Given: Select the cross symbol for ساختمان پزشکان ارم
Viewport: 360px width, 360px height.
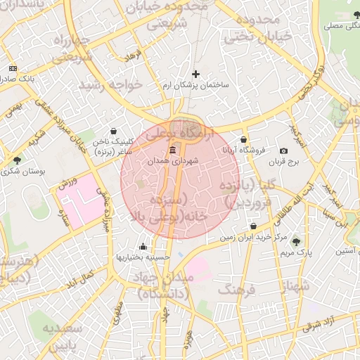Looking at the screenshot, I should [x=195, y=74].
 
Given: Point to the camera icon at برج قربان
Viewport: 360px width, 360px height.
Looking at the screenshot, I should [x=283, y=151].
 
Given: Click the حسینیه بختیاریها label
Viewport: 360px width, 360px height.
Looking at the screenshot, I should [x=143, y=257].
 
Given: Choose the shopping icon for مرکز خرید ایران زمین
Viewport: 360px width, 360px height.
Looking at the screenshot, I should [x=254, y=226].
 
